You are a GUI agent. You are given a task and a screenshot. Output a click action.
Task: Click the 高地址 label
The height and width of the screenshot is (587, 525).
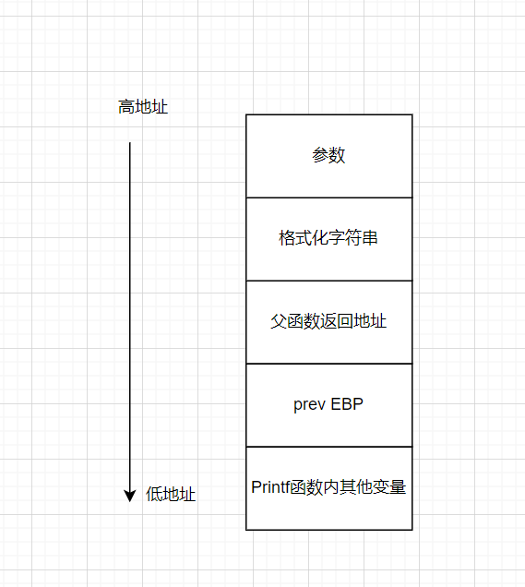(143, 107)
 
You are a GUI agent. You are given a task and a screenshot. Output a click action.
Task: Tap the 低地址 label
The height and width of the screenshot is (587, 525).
(171, 495)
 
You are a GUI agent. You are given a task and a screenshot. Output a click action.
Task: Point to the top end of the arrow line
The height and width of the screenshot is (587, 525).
(130, 143)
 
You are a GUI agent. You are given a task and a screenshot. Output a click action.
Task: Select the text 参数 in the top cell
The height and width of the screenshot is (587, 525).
(328, 155)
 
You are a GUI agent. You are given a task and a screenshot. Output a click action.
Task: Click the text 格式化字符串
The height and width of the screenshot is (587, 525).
(328, 238)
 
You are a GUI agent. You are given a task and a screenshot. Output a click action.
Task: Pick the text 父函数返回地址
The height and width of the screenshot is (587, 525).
(328, 321)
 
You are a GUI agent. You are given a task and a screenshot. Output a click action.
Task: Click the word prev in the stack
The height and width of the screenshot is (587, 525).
(311, 404)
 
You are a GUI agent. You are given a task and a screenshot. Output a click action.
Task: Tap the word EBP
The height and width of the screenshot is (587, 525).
(348, 404)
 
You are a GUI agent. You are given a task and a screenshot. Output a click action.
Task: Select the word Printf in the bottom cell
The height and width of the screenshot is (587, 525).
(268, 487)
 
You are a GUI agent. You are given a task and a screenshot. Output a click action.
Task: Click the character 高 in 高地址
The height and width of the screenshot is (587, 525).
(126, 107)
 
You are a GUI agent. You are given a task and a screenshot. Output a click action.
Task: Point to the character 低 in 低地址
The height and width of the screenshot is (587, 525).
(154, 495)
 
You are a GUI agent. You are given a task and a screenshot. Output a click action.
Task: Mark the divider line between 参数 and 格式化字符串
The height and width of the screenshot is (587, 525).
(328, 197)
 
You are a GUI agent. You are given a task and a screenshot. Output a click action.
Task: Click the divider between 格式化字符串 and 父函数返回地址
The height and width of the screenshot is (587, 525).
(328, 280)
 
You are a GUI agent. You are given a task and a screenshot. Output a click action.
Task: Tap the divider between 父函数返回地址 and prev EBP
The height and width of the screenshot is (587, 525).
(328, 363)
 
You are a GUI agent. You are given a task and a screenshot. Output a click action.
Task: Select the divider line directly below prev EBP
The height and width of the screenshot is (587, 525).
(328, 446)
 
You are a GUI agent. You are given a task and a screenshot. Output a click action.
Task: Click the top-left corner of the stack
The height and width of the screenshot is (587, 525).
(246, 114)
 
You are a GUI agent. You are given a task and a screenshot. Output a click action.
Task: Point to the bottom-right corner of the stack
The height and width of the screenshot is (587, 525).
(412, 529)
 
